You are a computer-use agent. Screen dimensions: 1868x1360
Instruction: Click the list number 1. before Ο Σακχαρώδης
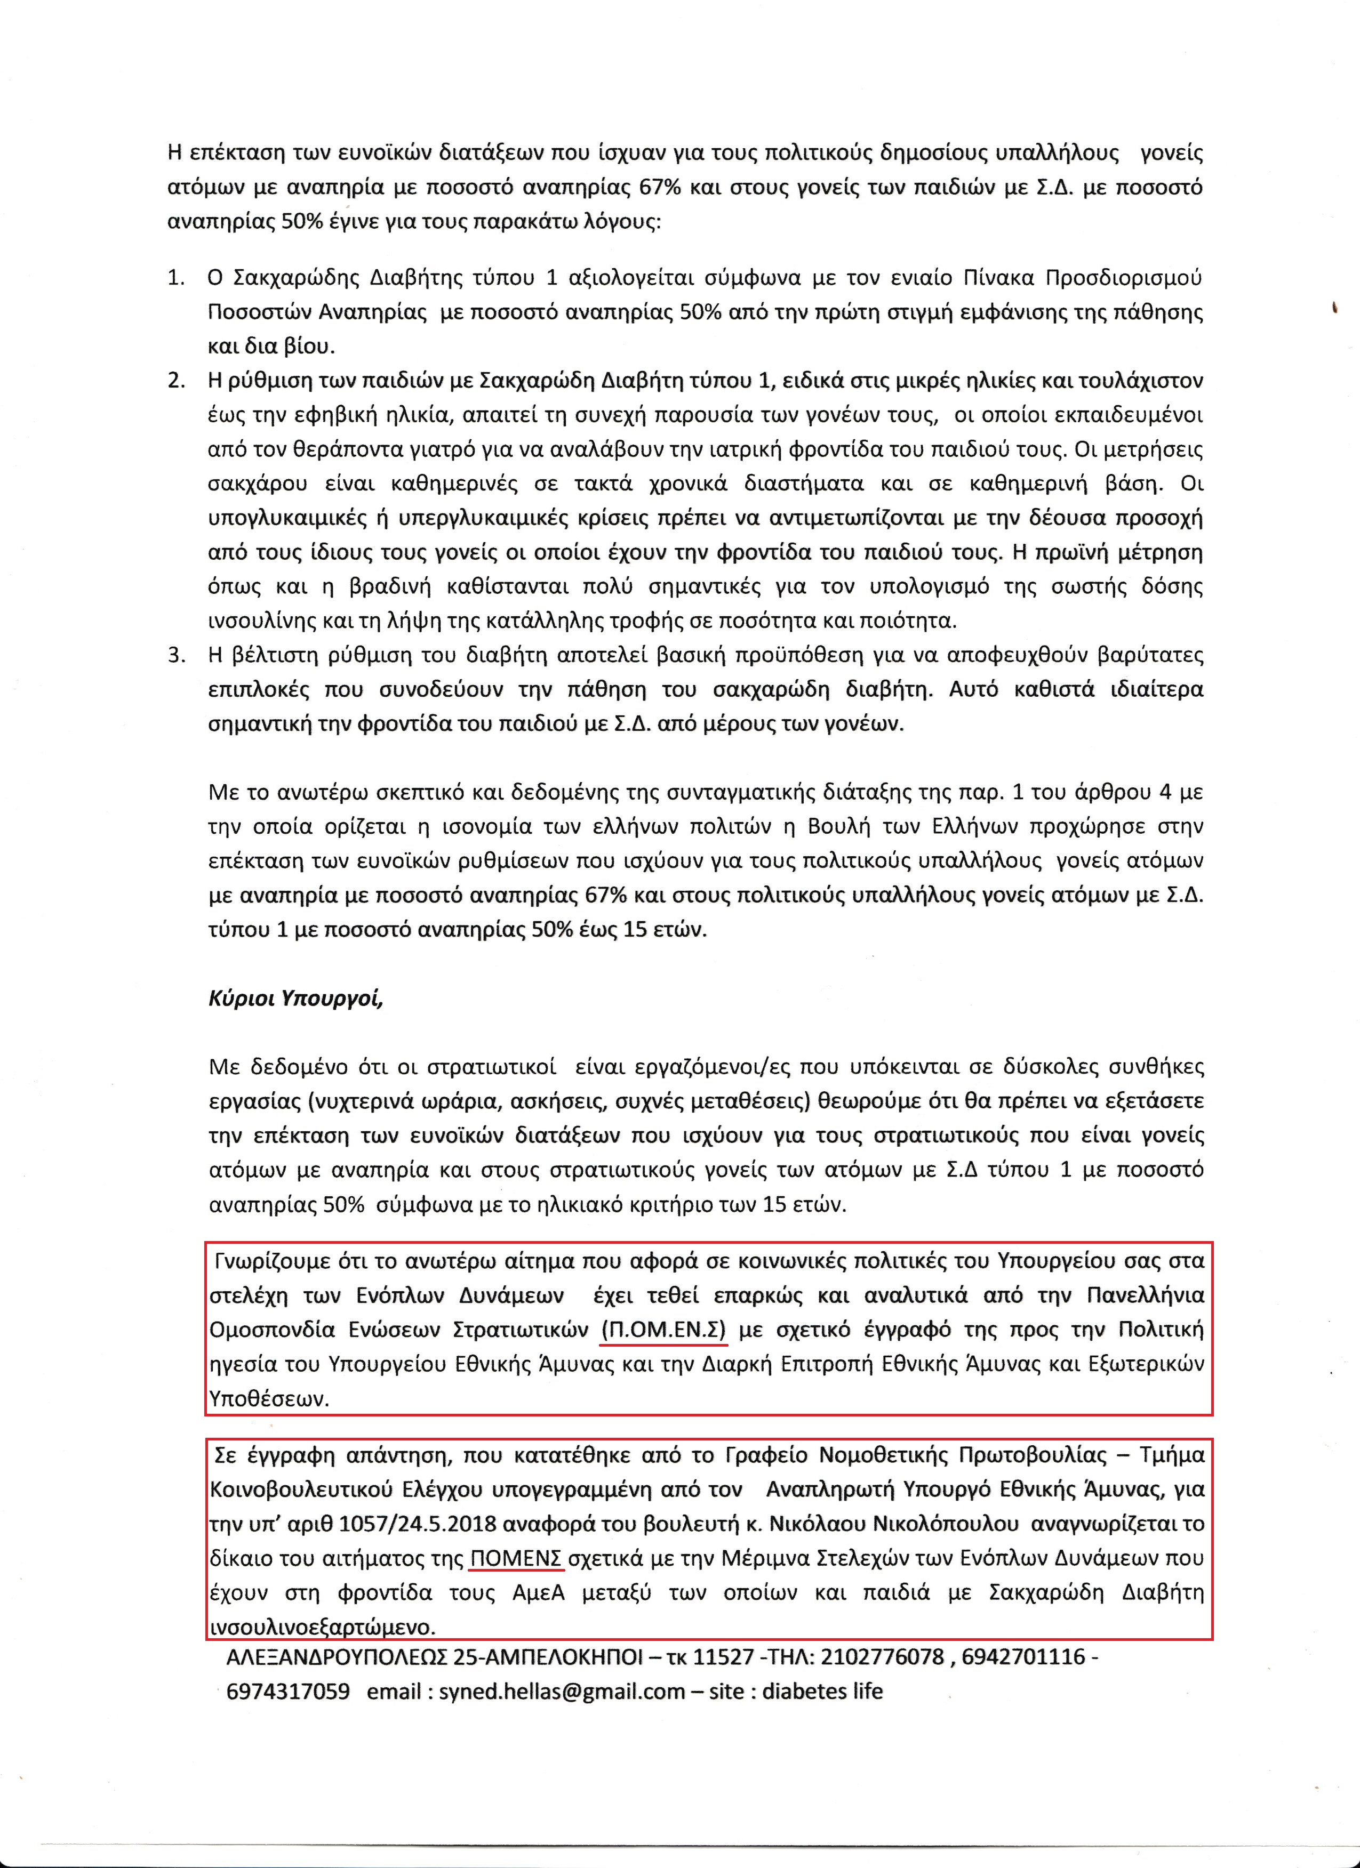[x=175, y=278]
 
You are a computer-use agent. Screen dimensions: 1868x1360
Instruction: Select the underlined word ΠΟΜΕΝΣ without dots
[x=516, y=1558]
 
